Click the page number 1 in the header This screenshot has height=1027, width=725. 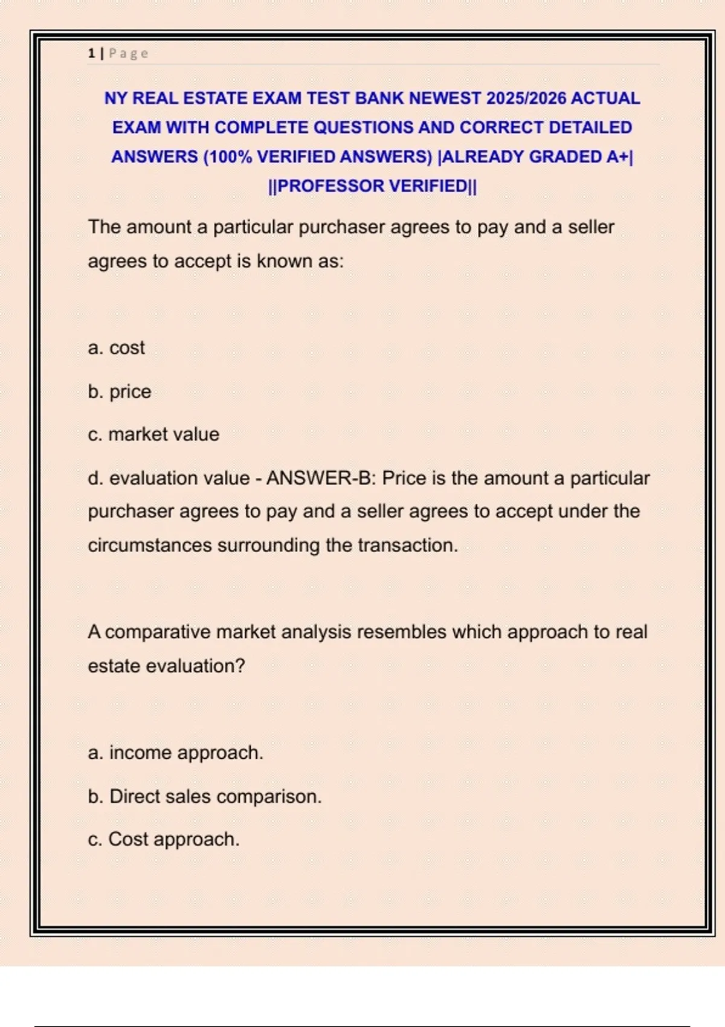[91, 53]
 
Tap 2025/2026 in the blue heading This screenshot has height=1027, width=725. [526, 98]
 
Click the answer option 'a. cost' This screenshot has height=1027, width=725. [117, 348]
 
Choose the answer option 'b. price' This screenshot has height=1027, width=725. [120, 391]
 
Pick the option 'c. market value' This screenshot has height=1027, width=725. [153, 434]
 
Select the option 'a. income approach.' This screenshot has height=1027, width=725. [176, 753]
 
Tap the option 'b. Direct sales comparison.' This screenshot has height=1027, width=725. [205, 796]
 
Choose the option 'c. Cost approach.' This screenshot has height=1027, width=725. [164, 839]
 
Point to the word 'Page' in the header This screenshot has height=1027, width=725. [129, 53]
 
